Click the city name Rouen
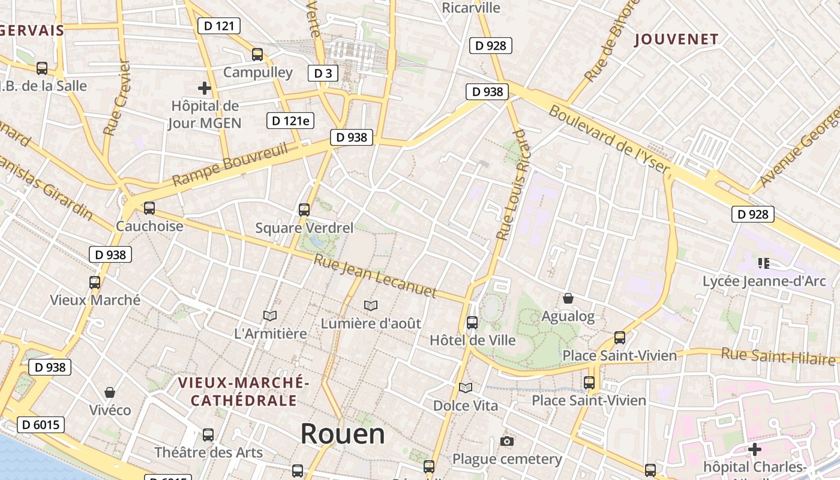coord(343,433)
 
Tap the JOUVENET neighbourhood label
coord(676,40)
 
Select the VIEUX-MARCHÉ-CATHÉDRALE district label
coord(244,391)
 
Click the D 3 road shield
coord(323,73)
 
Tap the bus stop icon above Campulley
coord(257,55)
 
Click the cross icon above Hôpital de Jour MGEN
coord(205,88)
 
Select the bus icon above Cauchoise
coord(149,208)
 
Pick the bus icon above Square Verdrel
coord(304,210)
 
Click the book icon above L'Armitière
coord(270,316)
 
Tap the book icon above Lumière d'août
coord(371,306)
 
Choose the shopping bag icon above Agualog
coord(568,298)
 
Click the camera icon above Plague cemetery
coord(506,442)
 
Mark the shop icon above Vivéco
coord(110,392)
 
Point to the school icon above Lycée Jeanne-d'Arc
coord(764,263)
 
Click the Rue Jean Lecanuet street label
coord(375,276)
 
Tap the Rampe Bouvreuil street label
coord(230,165)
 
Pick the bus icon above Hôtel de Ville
coord(472,323)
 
